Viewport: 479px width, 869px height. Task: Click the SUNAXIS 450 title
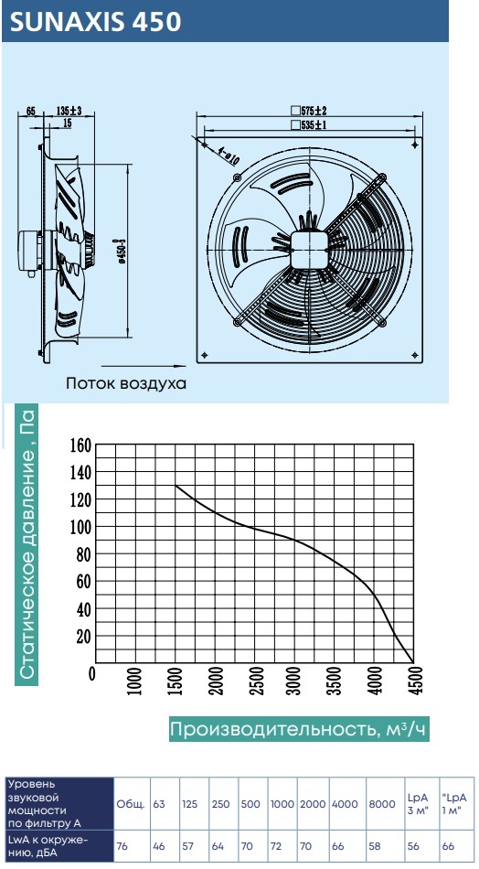[x=96, y=23]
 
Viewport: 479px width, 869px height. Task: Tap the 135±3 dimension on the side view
[x=69, y=111]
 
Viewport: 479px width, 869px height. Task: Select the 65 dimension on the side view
[x=30, y=111]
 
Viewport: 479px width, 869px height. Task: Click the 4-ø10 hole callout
[x=228, y=156]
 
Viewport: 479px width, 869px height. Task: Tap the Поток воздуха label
[x=126, y=383]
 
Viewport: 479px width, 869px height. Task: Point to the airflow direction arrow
[x=143, y=366]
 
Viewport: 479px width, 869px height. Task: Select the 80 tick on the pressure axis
[x=83, y=553]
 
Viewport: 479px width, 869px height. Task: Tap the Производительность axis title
[x=300, y=730]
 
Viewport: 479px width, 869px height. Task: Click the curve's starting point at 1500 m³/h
[x=176, y=486]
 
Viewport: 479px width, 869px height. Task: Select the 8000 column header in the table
[x=381, y=804]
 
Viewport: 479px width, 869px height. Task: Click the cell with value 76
[x=122, y=846]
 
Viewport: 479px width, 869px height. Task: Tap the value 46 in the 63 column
[x=159, y=846]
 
